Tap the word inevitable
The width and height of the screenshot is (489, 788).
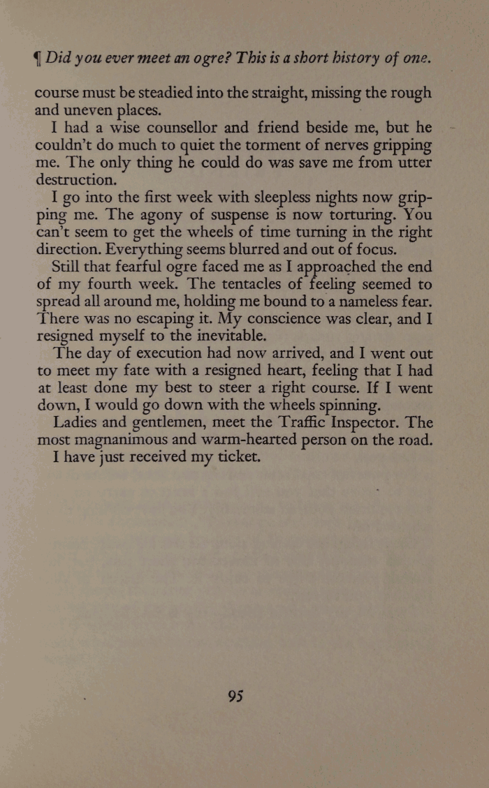point(217,336)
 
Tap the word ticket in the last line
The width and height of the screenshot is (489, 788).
point(235,458)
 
